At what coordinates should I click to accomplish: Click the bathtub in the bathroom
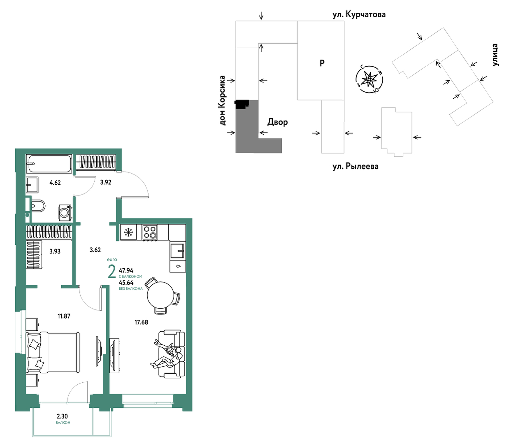pyautogui.click(x=49, y=164)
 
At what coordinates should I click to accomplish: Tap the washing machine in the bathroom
pyautogui.click(x=65, y=213)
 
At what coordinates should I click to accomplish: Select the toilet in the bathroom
pyautogui.click(x=37, y=206)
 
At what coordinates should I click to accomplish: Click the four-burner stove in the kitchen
pyautogui.click(x=150, y=232)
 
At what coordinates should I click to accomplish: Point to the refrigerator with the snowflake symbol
pyautogui.click(x=128, y=232)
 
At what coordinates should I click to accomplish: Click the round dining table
pyautogui.click(x=160, y=295)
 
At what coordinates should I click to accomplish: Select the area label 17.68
pyautogui.click(x=141, y=322)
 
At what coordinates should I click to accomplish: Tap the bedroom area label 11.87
pyautogui.click(x=64, y=316)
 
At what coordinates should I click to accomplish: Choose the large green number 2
pyautogui.click(x=112, y=272)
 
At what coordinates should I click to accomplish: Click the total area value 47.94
pyautogui.click(x=126, y=270)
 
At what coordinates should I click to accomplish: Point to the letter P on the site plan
pyautogui.click(x=322, y=63)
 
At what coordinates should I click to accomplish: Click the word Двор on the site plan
pyautogui.click(x=278, y=122)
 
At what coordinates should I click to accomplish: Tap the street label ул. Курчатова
pyautogui.click(x=359, y=14)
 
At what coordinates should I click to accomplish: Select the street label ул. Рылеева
pyautogui.click(x=356, y=166)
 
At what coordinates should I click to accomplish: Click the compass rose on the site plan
pyautogui.click(x=369, y=79)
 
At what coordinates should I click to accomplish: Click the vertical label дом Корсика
pyautogui.click(x=222, y=100)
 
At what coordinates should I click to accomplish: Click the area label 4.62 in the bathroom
pyautogui.click(x=55, y=183)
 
